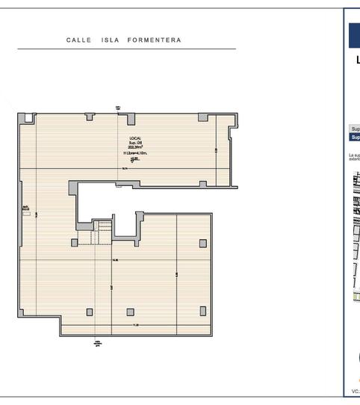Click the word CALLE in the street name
click(x=78, y=40)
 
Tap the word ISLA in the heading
click(x=111, y=40)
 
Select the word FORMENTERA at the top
click(x=153, y=40)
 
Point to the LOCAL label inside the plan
click(x=134, y=139)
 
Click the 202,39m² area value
click(x=135, y=148)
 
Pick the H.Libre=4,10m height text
click(x=135, y=153)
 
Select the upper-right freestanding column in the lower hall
click(x=202, y=243)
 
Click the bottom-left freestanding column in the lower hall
click(x=90, y=312)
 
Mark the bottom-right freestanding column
click(x=202, y=311)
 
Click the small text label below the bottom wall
click(x=97, y=344)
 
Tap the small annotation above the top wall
click(x=119, y=108)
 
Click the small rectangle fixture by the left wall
click(x=26, y=214)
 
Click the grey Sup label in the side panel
click(x=355, y=129)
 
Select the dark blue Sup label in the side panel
click(x=355, y=137)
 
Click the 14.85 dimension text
click(x=115, y=260)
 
